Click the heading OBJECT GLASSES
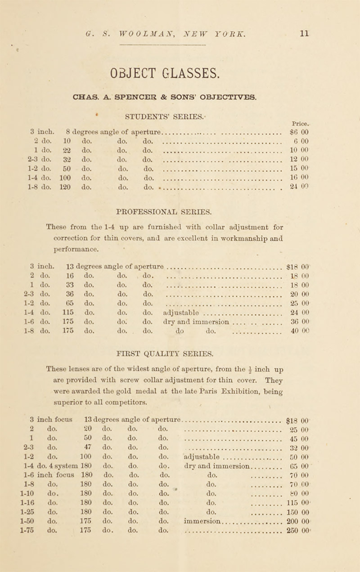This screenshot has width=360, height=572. coord(163,71)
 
